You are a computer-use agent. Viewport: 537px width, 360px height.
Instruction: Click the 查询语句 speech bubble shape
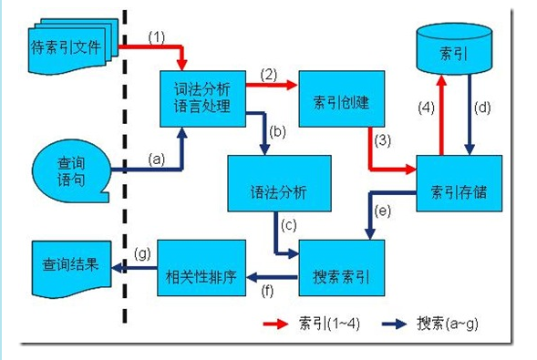pyautogui.click(x=69, y=168)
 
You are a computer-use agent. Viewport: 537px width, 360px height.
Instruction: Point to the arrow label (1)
pyautogui.click(x=158, y=37)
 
